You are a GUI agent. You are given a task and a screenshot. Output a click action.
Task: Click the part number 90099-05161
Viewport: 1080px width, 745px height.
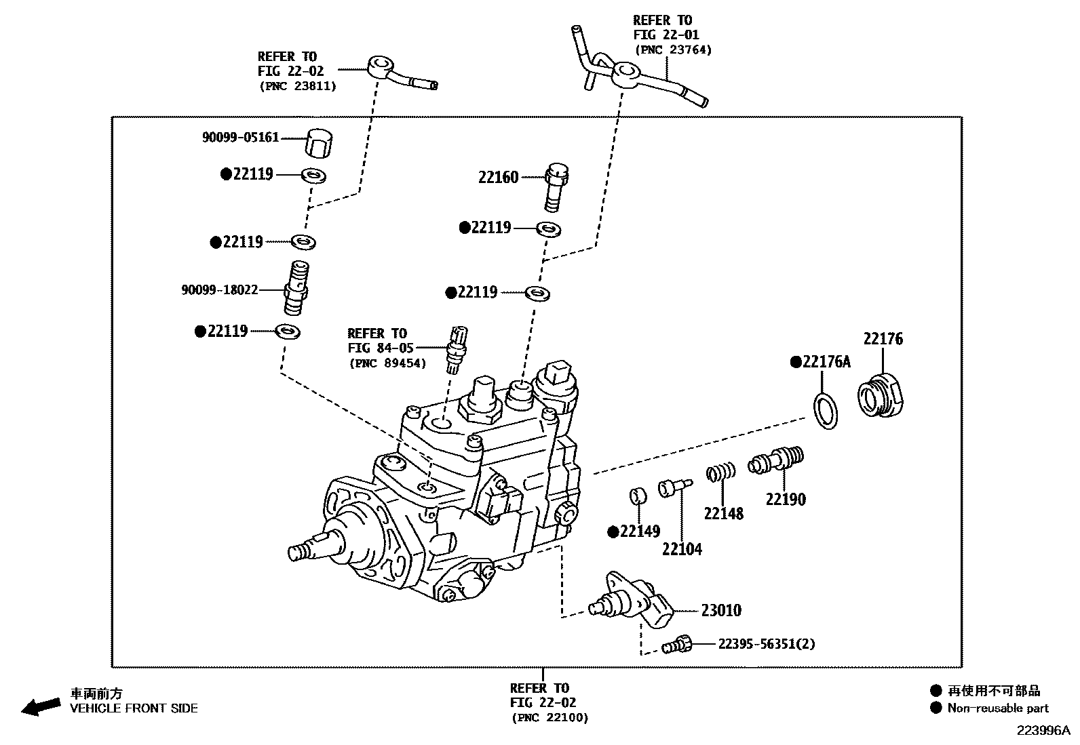[240, 138]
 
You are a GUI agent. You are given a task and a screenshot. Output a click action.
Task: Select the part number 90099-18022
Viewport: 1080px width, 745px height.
[220, 290]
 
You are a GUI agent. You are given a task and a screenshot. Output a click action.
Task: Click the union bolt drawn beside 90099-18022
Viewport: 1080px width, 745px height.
[297, 289]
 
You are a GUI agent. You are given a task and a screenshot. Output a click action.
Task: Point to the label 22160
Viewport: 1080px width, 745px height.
[498, 178]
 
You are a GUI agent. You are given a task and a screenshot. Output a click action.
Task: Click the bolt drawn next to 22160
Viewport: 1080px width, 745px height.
[556, 186]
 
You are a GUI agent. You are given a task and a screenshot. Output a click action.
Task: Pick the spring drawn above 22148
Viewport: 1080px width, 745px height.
[721, 472]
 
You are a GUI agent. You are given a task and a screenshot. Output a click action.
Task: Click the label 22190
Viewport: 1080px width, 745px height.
[786, 500]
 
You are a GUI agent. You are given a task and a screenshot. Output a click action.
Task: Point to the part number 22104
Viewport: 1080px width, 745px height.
[682, 549]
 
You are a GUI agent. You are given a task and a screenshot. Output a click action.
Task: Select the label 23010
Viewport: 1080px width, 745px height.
[720, 611]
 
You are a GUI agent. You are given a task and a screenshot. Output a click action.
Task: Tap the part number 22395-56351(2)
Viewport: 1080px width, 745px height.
[767, 644]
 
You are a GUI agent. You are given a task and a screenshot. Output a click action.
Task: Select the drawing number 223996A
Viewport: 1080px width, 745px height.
[1042, 731]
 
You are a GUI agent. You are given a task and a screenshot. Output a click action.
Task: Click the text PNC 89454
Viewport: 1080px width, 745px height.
[388, 364]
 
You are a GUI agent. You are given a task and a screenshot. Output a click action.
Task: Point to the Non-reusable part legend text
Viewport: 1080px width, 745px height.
[998, 708]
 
